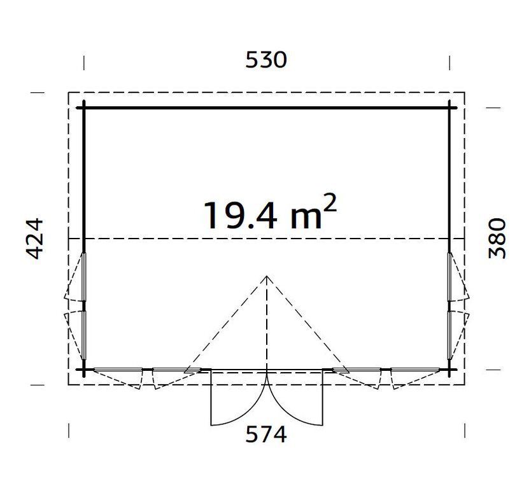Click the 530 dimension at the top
(x=266, y=60)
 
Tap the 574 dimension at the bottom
(x=266, y=434)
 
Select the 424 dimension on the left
(x=34, y=239)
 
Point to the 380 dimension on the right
(x=497, y=239)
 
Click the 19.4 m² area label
(x=269, y=213)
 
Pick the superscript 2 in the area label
(x=330, y=202)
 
